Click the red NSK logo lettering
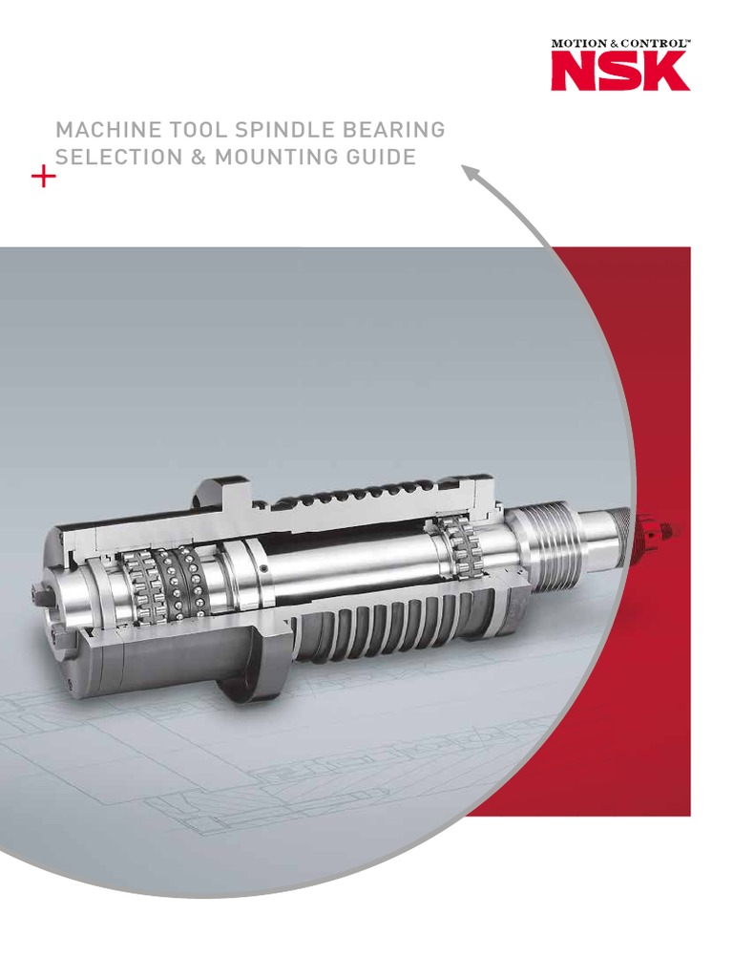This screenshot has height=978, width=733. (619, 72)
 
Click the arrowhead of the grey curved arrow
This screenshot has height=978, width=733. (471, 173)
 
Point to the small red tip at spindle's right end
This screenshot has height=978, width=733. (659, 524)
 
